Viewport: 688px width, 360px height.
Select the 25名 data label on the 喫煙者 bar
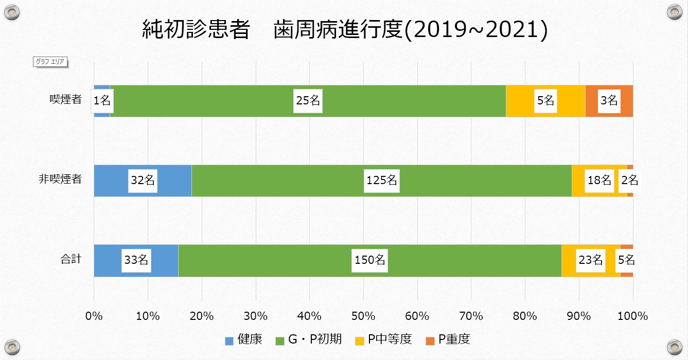(x=308, y=101)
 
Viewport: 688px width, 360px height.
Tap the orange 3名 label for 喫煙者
(x=609, y=101)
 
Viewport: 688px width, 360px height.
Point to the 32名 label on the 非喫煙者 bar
(x=143, y=181)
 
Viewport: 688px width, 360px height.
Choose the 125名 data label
(x=381, y=181)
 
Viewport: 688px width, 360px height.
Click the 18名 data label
(x=599, y=181)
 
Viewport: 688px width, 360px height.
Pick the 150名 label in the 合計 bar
(x=370, y=260)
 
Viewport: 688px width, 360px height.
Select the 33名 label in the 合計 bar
(x=136, y=260)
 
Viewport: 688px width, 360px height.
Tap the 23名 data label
(x=590, y=260)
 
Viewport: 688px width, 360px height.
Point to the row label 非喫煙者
(x=60, y=179)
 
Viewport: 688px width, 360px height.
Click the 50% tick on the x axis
(x=363, y=316)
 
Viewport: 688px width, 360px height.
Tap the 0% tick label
(x=94, y=316)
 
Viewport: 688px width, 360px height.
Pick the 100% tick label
(x=632, y=316)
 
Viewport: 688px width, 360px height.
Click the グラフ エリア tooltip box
(x=50, y=62)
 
